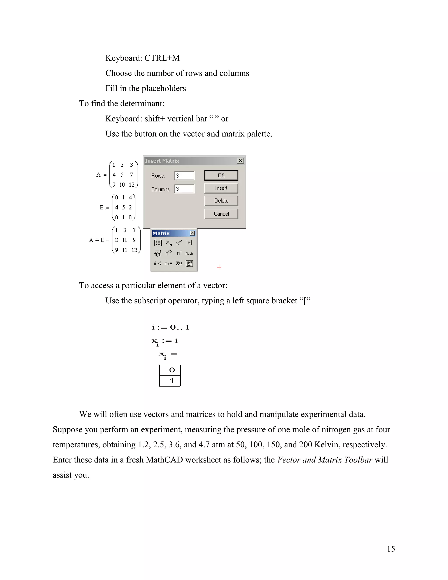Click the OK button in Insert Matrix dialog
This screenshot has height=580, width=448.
[221, 175]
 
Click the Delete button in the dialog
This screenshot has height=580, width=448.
[221, 201]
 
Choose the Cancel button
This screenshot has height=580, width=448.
[221, 214]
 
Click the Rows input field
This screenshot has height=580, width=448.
[184, 176]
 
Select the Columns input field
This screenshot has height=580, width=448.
[184, 189]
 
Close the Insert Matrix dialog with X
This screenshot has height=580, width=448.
[240, 161]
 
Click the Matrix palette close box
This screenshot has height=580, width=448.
[192, 233]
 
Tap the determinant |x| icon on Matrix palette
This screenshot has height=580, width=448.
[189, 243]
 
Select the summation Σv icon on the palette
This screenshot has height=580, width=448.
[179, 264]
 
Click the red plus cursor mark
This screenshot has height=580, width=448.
[219, 267]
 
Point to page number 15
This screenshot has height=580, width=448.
[391, 549]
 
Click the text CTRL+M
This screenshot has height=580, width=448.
[162, 58]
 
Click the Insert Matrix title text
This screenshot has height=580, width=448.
[162, 161]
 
